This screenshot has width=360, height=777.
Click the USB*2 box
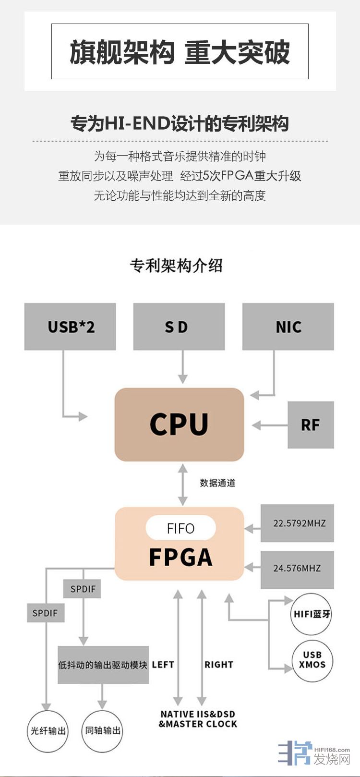pos(70,327)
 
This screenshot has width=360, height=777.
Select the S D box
pos(179,327)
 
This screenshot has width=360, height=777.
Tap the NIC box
pos(288,327)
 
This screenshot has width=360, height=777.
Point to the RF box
pos(311,425)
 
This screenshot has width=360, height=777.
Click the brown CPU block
pos(179,425)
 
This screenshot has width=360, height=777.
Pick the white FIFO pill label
pos(180,528)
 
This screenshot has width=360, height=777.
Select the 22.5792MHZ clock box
pos(297,523)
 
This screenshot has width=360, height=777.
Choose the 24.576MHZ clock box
pos(297,569)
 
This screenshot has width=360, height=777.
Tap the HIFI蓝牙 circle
pos(312,614)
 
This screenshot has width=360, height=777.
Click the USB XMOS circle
pos(312,660)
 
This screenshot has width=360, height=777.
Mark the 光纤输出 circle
pos(48,731)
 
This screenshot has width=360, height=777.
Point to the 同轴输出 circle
pos(103,731)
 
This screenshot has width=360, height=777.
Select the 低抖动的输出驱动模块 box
pos(103,665)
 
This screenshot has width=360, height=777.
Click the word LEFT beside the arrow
pos(163,665)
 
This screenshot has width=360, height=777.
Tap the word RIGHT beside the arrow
pos(219,665)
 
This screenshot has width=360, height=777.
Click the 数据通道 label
pos(217,483)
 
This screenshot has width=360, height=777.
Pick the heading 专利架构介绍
pos(176,266)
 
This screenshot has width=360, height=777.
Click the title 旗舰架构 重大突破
pos(180,52)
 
